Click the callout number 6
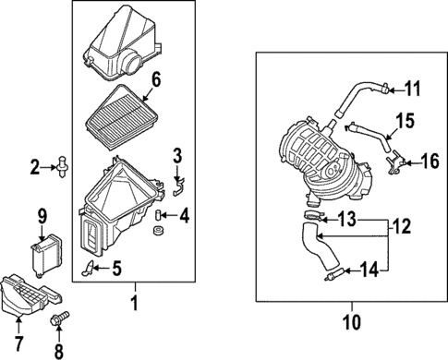pyautogui.click(x=155, y=79)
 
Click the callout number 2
pyautogui.click(x=35, y=167)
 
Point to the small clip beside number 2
pyautogui.click(x=62, y=167)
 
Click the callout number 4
pyautogui.click(x=184, y=218)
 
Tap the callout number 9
pyautogui.click(x=41, y=216)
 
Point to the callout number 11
pyautogui.click(x=412, y=89)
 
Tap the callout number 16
pyautogui.click(x=430, y=162)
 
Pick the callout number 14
pyautogui.click(x=369, y=270)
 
